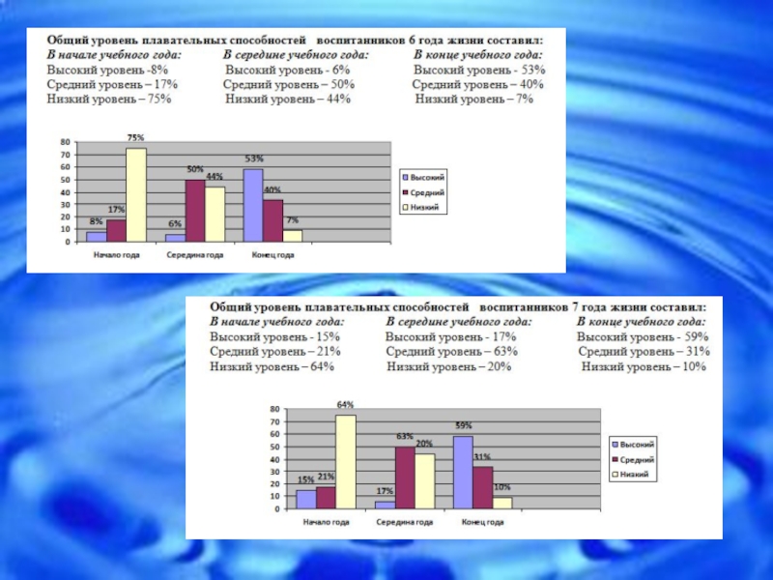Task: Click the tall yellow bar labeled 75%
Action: tap(136, 194)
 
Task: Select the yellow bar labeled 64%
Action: tap(345, 462)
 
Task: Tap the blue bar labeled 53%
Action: tap(253, 205)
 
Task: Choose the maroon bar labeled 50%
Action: tap(195, 210)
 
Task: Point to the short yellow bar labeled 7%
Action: tap(293, 235)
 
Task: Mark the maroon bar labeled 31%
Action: tap(482, 487)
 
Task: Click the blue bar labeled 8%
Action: tap(96, 236)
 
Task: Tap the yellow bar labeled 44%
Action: tap(215, 214)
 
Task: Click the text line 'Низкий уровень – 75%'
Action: tap(110, 100)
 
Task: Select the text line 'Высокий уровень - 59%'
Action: tap(643, 336)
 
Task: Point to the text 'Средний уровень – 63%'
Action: tap(451, 351)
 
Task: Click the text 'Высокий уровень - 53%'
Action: tap(479, 71)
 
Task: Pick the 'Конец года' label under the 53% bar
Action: tap(273, 255)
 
